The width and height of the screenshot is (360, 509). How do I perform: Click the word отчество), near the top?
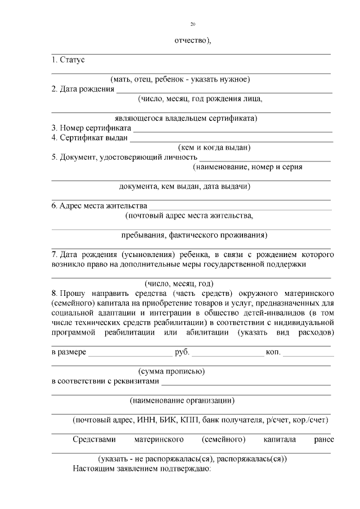(193, 40)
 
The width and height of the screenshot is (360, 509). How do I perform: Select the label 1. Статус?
(67, 60)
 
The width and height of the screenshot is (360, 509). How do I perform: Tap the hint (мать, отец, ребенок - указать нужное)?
(180, 79)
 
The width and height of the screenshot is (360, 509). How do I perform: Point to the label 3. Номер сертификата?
(91, 128)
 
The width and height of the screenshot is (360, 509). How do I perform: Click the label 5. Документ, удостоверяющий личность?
(124, 157)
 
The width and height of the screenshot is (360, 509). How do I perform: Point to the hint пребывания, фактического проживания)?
(194, 235)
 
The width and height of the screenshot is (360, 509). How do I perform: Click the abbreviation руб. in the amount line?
(182, 353)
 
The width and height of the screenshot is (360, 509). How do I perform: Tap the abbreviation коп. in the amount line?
(273, 353)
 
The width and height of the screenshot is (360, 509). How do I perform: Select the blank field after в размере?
(130, 355)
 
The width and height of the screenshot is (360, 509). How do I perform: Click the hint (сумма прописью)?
(171, 371)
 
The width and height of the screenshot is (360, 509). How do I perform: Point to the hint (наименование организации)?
(182, 400)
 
